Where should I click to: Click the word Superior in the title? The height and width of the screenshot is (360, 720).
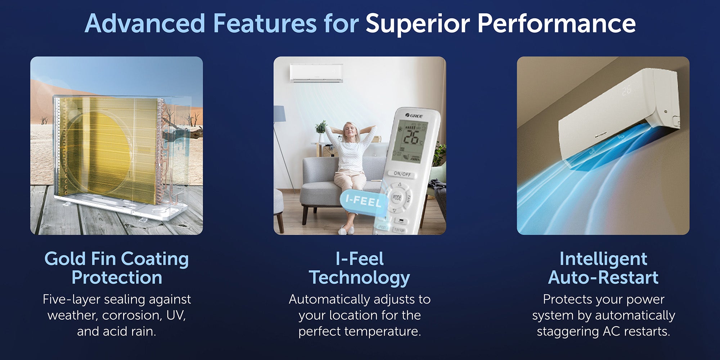click(x=418, y=24)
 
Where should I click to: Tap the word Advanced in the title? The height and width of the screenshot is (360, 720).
click(x=145, y=23)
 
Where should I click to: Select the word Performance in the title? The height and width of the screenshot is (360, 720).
click(x=557, y=24)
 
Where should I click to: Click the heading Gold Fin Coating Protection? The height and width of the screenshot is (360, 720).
click(x=117, y=268)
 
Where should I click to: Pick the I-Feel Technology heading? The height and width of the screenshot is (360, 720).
click(x=360, y=268)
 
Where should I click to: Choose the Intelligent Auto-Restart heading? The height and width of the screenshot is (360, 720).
click(x=603, y=268)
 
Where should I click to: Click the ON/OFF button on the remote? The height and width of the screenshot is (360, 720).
click(x=402, y=174)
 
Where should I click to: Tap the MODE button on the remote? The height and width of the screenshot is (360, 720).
click(x=397, y=197)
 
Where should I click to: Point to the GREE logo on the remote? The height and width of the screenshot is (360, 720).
click(x=414, y=116)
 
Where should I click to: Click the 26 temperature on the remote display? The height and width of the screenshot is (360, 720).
click(x=410, y=137)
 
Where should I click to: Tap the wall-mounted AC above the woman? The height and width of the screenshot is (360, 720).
click(x=316, y=73)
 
